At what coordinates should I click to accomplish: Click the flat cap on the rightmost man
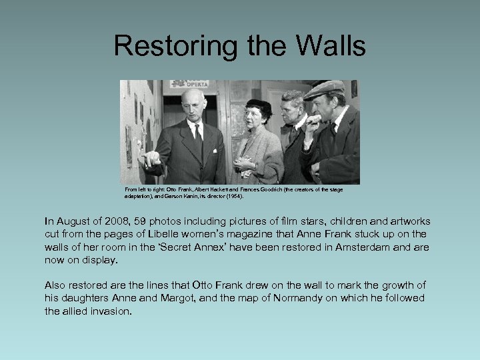tap(323, 89)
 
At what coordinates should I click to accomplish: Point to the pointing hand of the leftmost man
tap(151, 158)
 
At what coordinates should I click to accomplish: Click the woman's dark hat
tap(259, 105)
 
